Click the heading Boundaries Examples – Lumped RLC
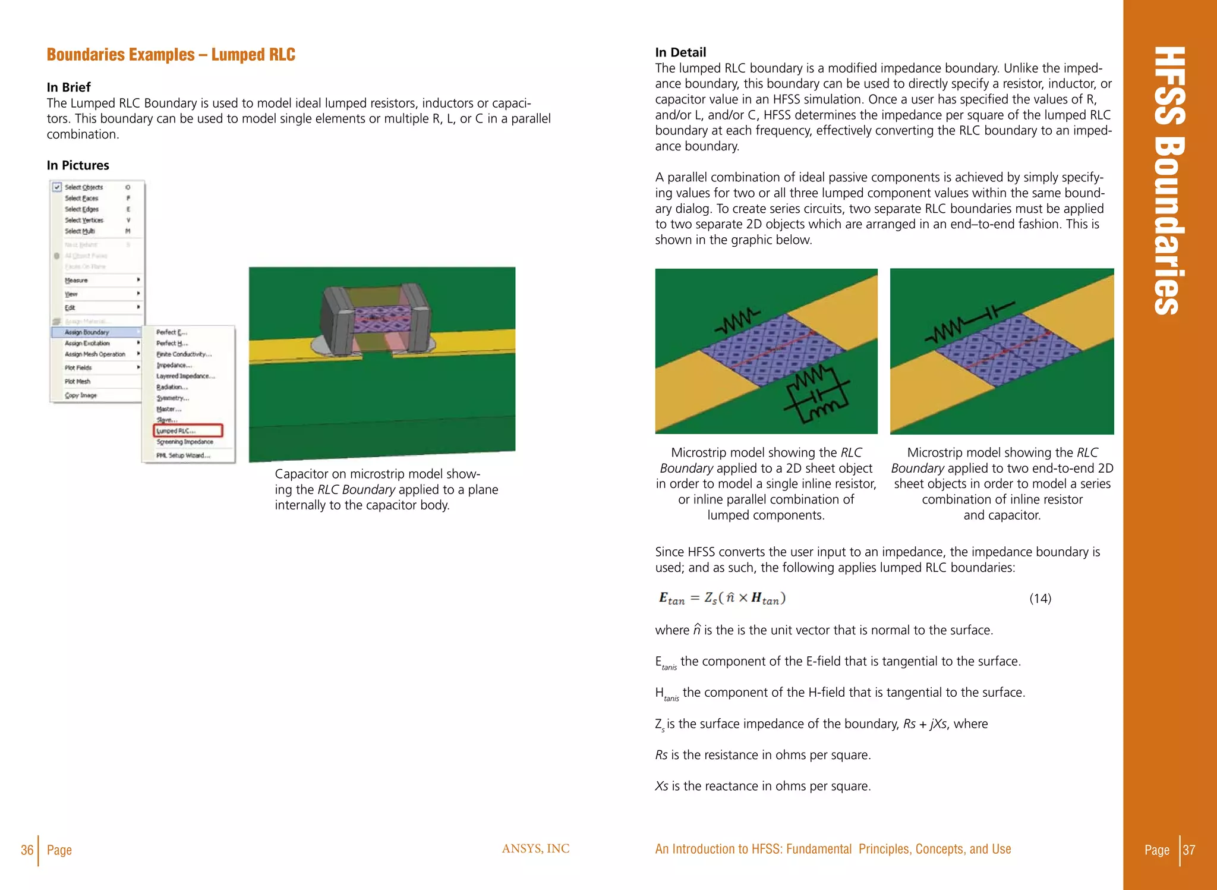171,55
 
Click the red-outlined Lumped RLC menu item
188,430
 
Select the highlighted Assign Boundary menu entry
87,332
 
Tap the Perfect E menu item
171,332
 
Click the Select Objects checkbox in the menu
57,187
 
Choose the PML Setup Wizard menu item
183,455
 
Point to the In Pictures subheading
78,165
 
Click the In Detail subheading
680,52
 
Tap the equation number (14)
1040,599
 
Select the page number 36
27,850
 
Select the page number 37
1188,850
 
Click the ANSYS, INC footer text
535,849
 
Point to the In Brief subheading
69,87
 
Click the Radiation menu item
172,387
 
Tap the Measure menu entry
77,280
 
